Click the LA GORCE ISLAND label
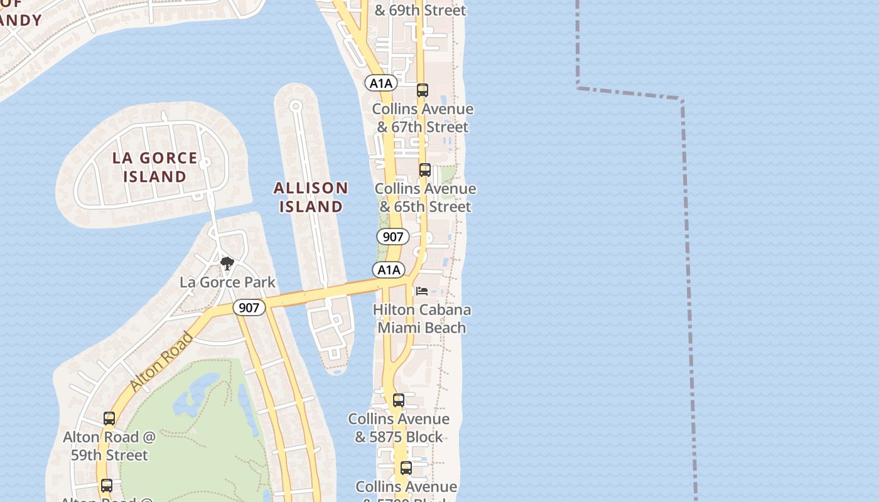tap(154, 167)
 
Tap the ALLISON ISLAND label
tap(311, 197)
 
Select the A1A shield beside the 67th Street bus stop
tap(381, 83)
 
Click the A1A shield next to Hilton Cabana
tap(389, 270)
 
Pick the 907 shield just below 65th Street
tap(393, 237)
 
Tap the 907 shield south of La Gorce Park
tap(249, 307)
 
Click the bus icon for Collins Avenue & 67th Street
tap(423, 90)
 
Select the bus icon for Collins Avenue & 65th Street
tap(425, 170)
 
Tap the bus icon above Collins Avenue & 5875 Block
tap(399, 400)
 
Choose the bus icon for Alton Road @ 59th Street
tap(109, 419)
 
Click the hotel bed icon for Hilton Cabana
tap(422, 291)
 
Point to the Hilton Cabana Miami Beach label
tap(422, 318)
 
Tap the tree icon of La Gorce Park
tap(227, 263)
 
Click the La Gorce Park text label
tap(227, 282)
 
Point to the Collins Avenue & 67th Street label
tap(423, 118)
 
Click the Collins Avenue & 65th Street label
tap(425, 198)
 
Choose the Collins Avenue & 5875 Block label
tap(399, 427)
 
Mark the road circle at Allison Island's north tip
tap(296, 106)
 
